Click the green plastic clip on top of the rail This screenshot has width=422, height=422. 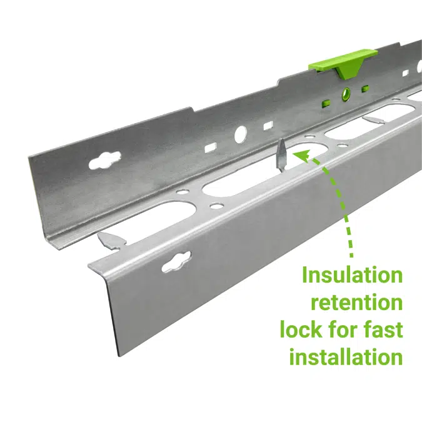tap(339, 63)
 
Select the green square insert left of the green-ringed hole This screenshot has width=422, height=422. tap(326, 103)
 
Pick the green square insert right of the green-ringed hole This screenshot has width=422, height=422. tap(365, 88)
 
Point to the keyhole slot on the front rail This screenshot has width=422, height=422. tap(176, 261)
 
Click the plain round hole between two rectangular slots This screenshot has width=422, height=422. tap(241, 134)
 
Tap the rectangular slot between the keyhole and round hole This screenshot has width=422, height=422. tap(211, 148)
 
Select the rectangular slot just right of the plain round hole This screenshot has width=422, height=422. tap(268, 126)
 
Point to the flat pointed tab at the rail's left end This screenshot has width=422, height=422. tap(110, 239)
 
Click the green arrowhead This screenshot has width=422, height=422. tap(303, 156)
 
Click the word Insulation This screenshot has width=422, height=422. tap(353, 275)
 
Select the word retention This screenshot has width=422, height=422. tap(357, 302)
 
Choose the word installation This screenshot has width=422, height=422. tap(346, 356)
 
